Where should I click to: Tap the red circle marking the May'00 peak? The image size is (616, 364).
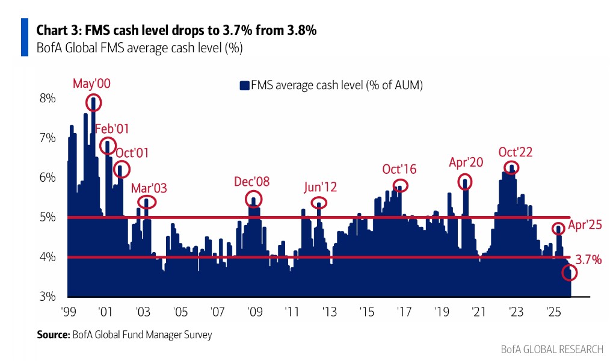93,102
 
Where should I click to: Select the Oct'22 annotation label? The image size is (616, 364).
515,152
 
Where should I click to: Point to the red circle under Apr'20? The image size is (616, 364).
464,181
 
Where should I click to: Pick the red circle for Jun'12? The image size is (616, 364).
319,203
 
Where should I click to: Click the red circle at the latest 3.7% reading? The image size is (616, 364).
569,273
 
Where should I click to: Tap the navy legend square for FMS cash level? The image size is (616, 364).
244,85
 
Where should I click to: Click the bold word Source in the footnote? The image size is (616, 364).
52,335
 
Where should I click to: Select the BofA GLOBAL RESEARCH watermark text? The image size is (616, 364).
552,350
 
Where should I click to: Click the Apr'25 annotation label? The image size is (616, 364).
585,226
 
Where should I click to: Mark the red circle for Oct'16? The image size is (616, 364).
400,186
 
